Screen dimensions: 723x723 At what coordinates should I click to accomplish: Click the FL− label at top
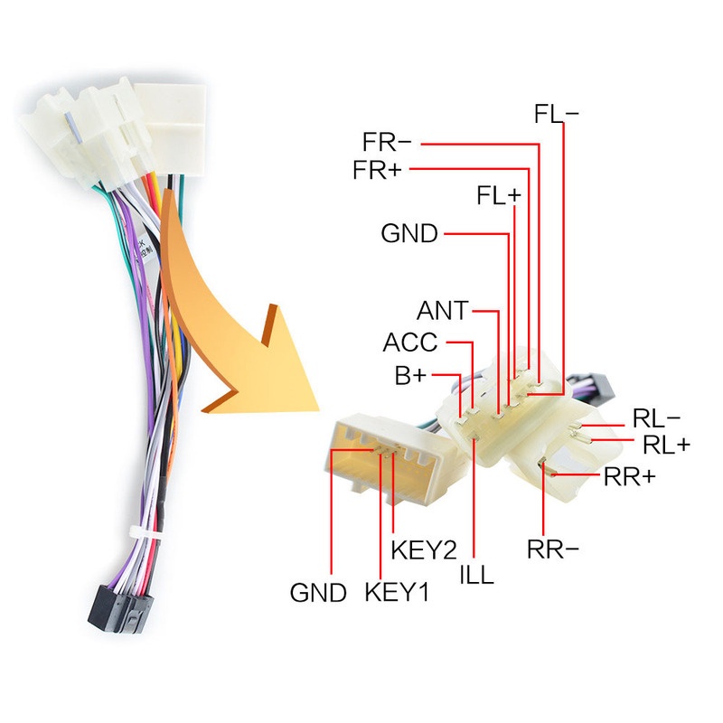(556, 114)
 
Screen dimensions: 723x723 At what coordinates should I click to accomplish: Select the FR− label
(387, 142)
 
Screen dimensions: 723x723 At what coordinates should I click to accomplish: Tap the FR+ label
(377, 170)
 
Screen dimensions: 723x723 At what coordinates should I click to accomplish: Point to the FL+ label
(499, 195)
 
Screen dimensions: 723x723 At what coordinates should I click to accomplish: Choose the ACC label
(410, 343)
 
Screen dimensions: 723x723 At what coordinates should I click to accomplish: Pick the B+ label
(410, 375)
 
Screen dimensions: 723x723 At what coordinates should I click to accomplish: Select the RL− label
(656, 418)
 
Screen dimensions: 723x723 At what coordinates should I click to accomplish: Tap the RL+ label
(666, 445)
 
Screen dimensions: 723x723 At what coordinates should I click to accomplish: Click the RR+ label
(629, 477)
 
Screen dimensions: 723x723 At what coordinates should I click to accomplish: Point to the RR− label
(552, 549)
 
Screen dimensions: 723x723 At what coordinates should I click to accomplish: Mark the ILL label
(477, 575)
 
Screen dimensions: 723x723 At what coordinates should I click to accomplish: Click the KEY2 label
(424, 549)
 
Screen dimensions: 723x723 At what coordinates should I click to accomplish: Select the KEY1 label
(397, 592)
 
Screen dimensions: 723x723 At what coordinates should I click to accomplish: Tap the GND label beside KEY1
(318, 593)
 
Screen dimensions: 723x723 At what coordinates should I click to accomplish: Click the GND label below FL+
(409, 233)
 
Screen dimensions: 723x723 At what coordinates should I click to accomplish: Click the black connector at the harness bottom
(120, 609)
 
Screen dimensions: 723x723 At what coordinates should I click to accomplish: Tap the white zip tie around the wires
(144, 532)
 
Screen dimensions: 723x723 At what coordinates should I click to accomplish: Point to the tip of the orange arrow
(319, 410)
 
